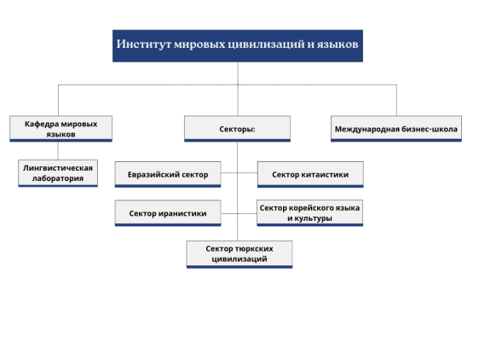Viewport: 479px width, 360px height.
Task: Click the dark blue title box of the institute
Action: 238,46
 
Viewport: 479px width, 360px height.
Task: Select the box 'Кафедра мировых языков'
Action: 61,129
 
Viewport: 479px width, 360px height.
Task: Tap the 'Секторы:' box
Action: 237,129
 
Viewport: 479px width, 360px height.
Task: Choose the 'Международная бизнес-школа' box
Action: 396,129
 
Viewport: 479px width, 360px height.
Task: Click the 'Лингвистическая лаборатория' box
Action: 58,173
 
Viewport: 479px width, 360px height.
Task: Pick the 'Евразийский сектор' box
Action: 168,174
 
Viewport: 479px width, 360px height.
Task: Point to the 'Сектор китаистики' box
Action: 310,174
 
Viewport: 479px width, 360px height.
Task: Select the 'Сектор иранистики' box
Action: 168,213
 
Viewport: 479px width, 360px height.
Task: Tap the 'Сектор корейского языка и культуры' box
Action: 309,213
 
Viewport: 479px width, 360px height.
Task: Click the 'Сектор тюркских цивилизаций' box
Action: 239,254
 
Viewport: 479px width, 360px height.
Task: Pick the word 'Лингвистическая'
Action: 58,168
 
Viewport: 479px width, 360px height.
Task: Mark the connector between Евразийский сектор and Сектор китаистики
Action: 239,173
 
